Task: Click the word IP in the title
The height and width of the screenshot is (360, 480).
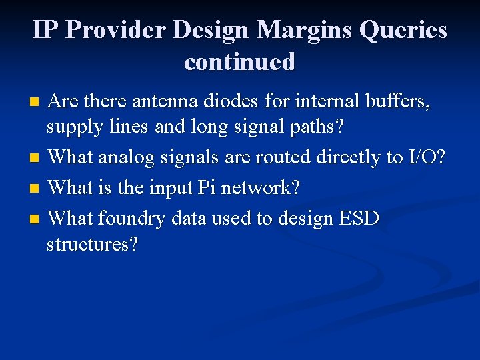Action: click(46, 30)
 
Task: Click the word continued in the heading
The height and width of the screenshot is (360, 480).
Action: click(240, 61)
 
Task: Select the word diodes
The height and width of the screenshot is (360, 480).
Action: click(234, 101)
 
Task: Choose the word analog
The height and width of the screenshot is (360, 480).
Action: click(137, 158)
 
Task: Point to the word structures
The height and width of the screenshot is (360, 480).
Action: click(92, 245)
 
